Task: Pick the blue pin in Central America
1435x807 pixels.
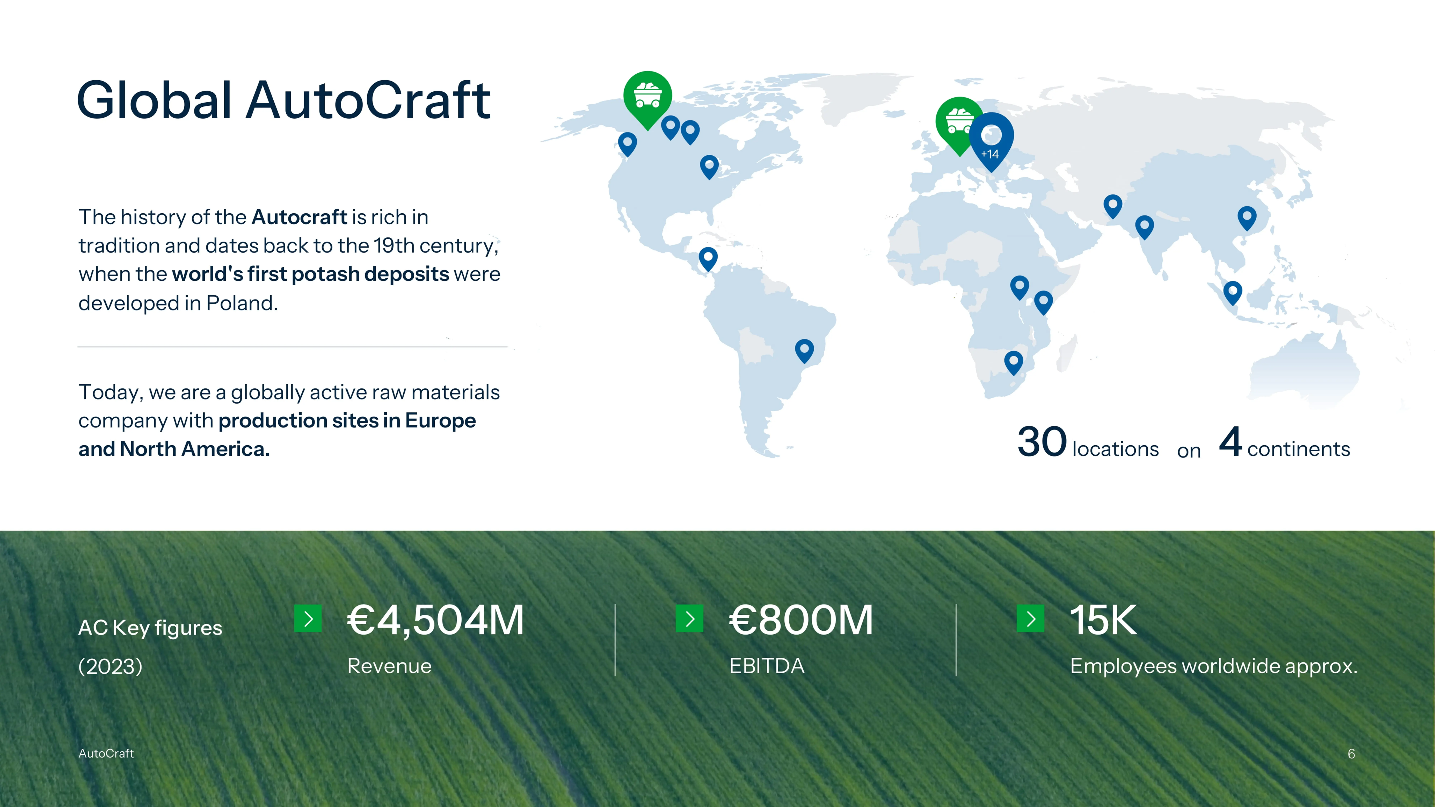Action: (x=708, y=259)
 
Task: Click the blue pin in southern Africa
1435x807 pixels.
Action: (x=1013, y=363)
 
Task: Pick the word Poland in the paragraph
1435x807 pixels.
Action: (x=242, y=303)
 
